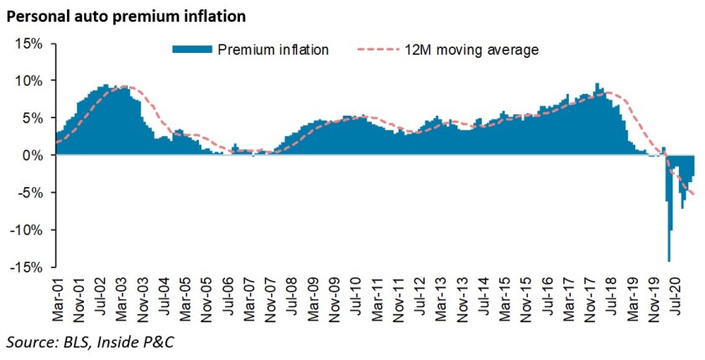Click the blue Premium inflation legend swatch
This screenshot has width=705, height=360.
pos(193,50)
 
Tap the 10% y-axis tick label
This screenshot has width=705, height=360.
pos(34,81)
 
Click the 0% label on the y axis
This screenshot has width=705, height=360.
pos(38,155)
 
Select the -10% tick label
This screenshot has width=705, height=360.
pos(32,230)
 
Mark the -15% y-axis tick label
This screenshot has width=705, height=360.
pos(32,268)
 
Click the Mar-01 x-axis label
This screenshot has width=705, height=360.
pos(59,295)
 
